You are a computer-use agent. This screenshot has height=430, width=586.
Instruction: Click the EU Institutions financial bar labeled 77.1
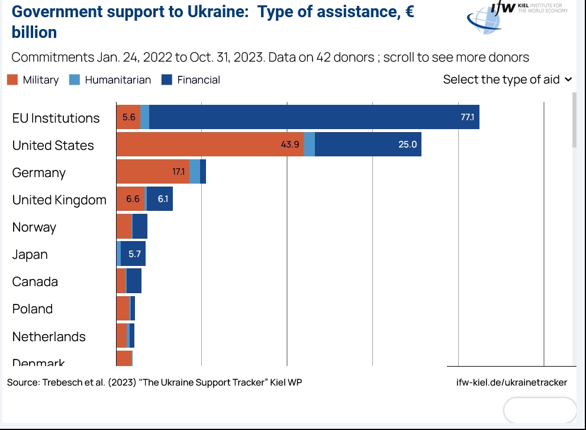[x=314, y=117]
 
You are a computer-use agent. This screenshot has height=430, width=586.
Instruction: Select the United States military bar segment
[x=210, y=145]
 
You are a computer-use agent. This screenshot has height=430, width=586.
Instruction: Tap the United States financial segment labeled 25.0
[x=368, y=145]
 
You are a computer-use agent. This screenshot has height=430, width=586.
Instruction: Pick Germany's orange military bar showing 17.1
[x=153, y=172]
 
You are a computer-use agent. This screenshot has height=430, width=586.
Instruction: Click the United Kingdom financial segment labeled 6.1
[x=160, y=199]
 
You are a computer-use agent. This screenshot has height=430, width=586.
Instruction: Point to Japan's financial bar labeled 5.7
[x=133, y=253]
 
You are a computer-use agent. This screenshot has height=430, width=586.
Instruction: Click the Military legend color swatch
[x=12, y=80]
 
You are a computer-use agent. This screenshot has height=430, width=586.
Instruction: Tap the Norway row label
[x=34, y=227]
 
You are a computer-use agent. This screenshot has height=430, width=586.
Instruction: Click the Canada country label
[x=35, y=281]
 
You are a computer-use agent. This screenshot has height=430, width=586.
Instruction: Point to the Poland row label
[x=33, y=309]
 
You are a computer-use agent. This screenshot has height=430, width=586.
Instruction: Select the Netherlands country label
[x=49, y=336]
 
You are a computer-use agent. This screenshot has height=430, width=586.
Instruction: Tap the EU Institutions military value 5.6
[x=129, y=117]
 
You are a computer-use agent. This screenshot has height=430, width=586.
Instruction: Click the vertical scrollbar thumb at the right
[x=574, y=120]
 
